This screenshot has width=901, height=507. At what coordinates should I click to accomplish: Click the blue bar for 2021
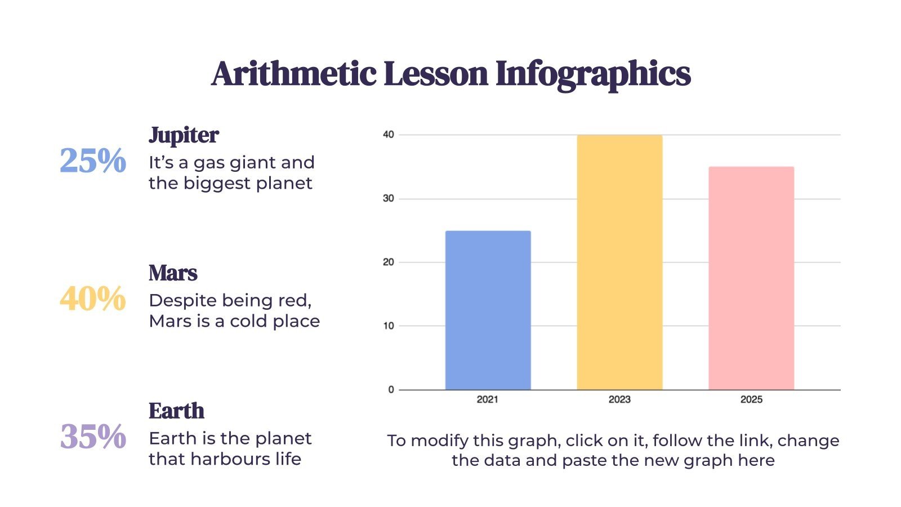(488, 310)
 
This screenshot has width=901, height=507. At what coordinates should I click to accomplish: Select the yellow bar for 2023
(619, 262)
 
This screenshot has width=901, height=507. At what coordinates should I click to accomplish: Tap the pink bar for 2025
(751, 278)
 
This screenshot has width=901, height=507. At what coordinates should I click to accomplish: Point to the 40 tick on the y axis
(389, 135)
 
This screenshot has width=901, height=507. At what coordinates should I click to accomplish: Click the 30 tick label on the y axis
(389, 199)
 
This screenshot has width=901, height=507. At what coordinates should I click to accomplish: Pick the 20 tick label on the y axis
(389, 263)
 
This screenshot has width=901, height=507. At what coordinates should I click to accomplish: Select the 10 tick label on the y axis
(389, 326)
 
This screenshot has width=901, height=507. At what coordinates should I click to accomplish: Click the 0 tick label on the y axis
(391, 390)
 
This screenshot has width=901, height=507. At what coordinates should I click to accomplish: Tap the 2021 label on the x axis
(488, 399)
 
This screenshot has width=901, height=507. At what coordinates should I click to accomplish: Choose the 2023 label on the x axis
(619, 399)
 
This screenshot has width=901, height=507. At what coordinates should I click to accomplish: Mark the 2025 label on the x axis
(751, 399)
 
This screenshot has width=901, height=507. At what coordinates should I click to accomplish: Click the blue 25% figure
(93, 161)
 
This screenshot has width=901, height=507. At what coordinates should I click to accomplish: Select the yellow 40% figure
(93, 299)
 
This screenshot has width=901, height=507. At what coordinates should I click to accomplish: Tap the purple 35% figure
(93, 437)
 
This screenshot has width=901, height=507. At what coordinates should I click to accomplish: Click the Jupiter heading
(184, 135)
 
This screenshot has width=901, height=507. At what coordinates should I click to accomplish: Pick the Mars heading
(173, 273)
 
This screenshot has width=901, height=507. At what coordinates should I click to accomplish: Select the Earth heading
(176, 411)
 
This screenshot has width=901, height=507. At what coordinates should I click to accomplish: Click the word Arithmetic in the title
(294, 74)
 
